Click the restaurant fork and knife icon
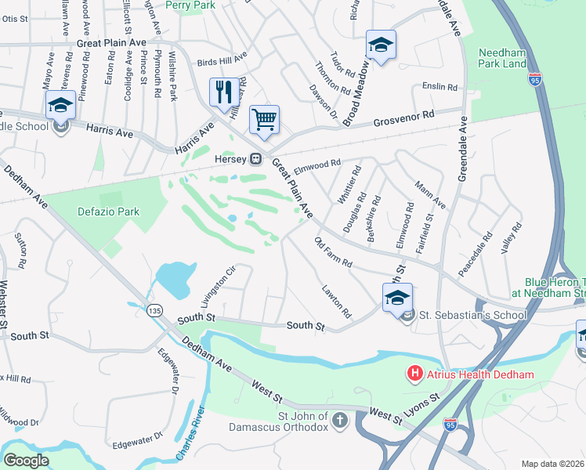click(x=224, y=92)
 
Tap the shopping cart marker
click(x=264, y=121)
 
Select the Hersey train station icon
click(x=255, y=159)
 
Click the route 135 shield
click(x=154, y=311)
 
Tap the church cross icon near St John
click(x=339, y=421)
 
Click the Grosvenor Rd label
click(x=403, y=116)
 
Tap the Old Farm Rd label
click(x=334, y=251)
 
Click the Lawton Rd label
click(x=336, y=302)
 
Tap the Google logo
click(x=26, y=461)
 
